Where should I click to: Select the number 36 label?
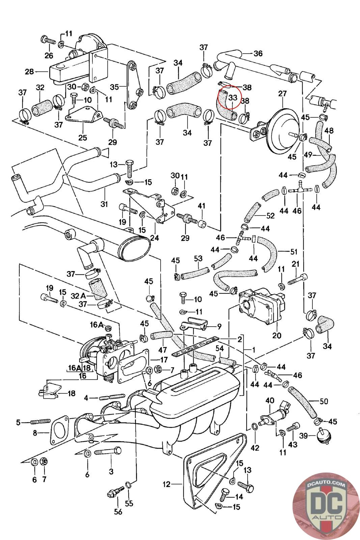(x=258, y=53)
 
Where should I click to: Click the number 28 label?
(x=29, y=72)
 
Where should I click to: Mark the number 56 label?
(x=118, y=512)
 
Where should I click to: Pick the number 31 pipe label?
(x=105, y=204)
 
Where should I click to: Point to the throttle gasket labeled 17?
(x=133, y=368)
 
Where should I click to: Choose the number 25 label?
(x=83, y=137)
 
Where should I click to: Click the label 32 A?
(x=78, y=296)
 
